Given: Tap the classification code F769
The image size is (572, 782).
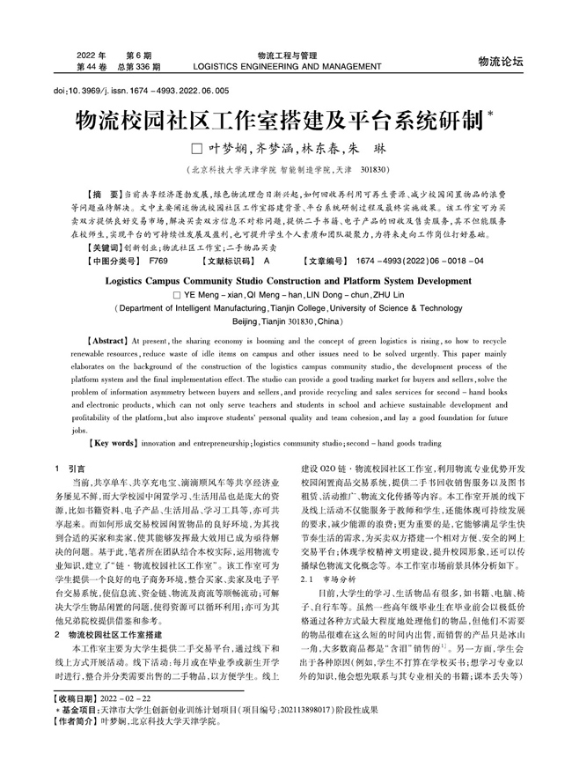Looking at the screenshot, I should click(158, 262).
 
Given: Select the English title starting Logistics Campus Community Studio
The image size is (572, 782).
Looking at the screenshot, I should click(289, 282).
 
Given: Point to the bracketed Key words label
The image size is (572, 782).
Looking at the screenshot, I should click(113, 443).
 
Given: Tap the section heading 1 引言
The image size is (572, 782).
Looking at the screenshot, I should click(70, 469).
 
